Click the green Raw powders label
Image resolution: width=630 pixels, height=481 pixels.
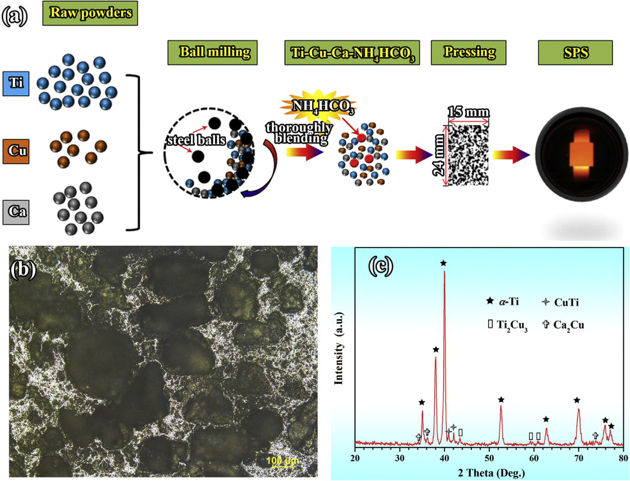click(x=90, y=13)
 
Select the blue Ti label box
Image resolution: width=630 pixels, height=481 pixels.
click(x=16, y=83)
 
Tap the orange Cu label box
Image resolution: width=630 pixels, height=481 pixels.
click(x=16, y=151)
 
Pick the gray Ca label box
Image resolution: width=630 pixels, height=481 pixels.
click(x=16, y=212)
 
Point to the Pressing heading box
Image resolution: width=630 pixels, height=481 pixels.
click(x=468, y=53)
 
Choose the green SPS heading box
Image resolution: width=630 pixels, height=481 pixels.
click(x=575, y=53)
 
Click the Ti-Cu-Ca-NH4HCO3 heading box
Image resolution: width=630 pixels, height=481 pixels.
click(x=352, y=53)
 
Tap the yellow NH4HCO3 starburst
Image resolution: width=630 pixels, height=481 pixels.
click(x=317, y=106)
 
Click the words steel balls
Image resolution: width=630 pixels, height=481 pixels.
click(x=196, y=140)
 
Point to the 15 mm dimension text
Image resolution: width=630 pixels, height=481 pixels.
click(x=468, y=113)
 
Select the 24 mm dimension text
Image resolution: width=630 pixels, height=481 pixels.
click(x=439, y=155)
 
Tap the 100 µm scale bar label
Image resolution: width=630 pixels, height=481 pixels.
click(x=282, y=461)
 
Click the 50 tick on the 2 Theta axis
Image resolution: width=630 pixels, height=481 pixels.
click(x=489, y=458)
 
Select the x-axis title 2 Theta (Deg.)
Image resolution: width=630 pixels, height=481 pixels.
click(x=491, y=473)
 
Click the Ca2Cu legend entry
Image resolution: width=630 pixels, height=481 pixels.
click(x=564, y=325)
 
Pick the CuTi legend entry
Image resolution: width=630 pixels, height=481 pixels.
click(x=561, y=302)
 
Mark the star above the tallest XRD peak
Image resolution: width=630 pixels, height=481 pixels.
click(x=443, y=263)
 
